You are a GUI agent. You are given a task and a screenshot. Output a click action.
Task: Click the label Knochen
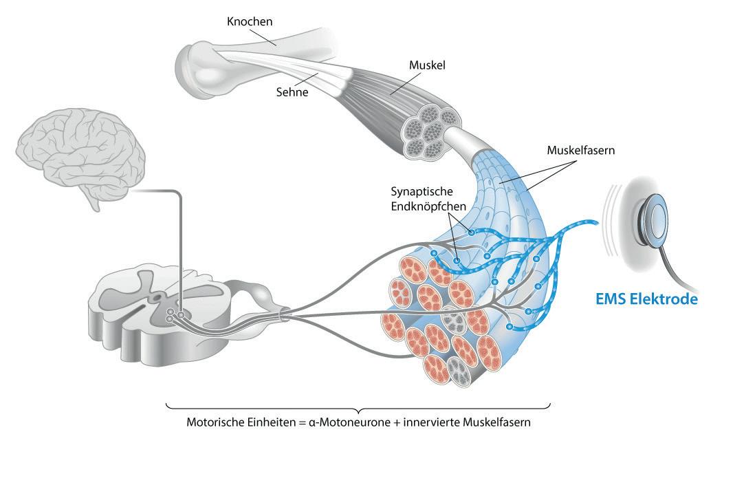pos(250,22)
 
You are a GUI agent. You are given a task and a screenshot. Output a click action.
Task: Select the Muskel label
pos(427,66)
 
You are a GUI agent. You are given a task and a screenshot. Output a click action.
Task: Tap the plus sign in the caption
pos(395,423)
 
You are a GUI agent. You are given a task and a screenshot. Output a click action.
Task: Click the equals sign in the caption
pos(300,423)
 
